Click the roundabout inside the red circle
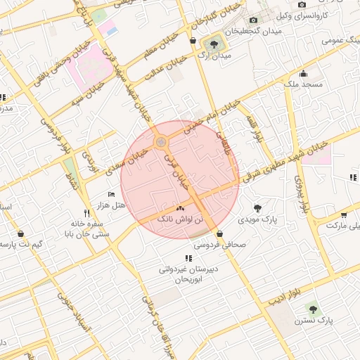point(162,143)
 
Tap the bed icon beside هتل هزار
point(111,194)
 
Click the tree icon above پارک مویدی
point(258,208)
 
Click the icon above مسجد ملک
point(303,73)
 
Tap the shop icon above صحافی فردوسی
point(220,233)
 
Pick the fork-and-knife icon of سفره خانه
point(87,212)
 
